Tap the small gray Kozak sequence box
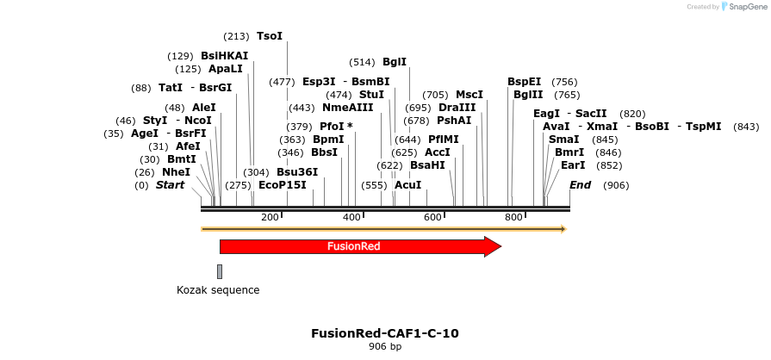(x=220, y=271)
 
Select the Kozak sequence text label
(x=218, y=290)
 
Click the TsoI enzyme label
(x=270, y=36)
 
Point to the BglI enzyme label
(x=395, y=62)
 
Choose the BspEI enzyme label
(x=524, y=82)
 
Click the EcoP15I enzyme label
(x=283, y=185)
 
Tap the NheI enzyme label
(x=176, y=172)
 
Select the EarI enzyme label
(x=573, y=165)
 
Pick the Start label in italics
(x=170, y=185)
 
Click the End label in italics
(x=581, y=185)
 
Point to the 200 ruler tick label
(x=270, y=218)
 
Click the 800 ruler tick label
(x=513, y=218)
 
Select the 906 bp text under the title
(x=385, y=347)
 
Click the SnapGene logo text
(x=744, y=7)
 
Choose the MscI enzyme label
(x=469, y=95)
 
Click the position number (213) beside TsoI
(x=236, y=36)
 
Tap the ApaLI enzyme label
(x=226, y=69)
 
